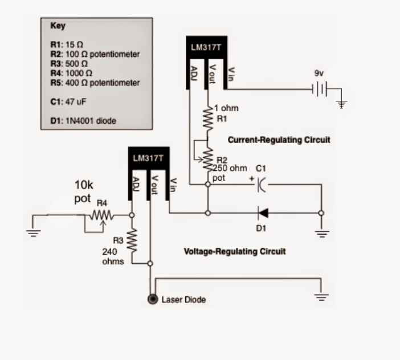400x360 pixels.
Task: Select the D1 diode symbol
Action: (263, 213)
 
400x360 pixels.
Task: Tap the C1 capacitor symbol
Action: (262, 184)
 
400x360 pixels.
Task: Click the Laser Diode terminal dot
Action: (152, 299)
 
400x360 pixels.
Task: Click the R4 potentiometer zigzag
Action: (100, 215)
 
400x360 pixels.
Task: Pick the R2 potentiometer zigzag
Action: (208, 159)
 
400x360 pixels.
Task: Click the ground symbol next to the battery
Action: (342, 104)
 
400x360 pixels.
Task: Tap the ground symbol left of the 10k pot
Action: (32, 231)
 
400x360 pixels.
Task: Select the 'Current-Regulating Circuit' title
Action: (279, 140)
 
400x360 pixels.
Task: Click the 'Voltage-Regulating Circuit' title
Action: (235, 251)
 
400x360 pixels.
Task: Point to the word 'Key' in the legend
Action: (58, 26)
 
